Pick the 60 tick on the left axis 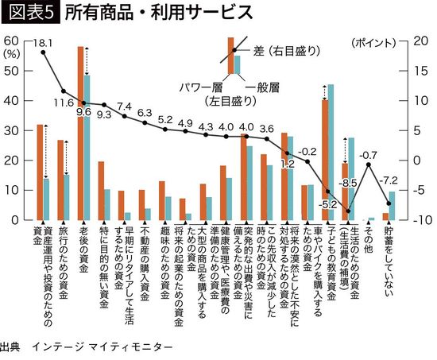(x=12, y=41)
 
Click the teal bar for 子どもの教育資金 (x=331, y=151)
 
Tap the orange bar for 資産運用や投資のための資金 (x=40, y=172)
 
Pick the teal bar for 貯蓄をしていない (x=391, y=205)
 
